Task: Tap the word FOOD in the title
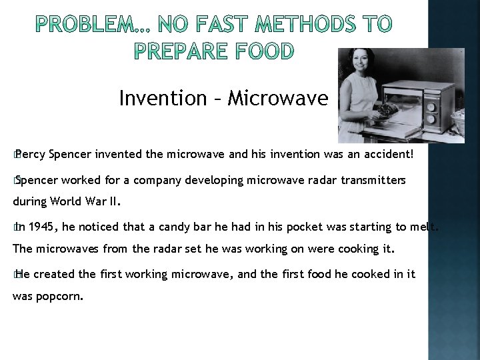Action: (x=261, y=51)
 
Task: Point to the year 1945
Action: (x=41, y=227)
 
